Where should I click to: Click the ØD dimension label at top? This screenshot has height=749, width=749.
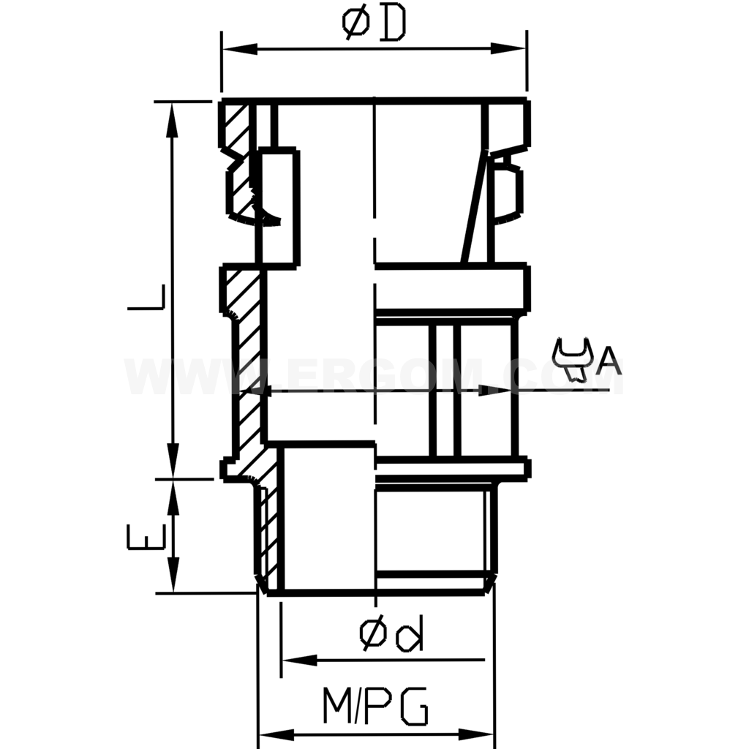[x=374, y=25]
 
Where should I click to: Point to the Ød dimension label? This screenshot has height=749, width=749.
[x=391, y=635]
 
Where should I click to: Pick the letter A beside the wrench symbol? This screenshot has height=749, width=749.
[x=609, y=360]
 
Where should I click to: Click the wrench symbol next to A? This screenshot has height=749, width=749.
[x=573, y=359]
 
